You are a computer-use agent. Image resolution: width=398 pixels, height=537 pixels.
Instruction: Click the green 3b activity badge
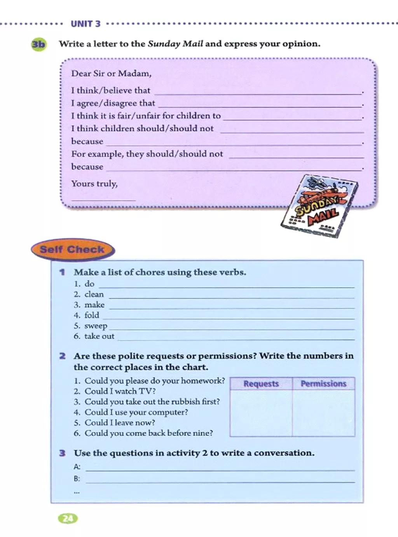click(38, 44)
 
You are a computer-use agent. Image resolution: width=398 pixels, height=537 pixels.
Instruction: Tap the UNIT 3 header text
click(86, 24)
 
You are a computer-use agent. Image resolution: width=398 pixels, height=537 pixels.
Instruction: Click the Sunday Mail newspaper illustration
click(319, 206)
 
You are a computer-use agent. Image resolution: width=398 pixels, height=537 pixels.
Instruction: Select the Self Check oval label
click(72, 249)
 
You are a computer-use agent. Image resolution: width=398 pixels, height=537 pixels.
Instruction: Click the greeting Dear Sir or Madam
click(111, 73)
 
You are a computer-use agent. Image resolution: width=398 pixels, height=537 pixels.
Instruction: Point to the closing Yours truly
click(94, 183)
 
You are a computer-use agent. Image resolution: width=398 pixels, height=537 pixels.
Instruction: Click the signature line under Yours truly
click(104, 200)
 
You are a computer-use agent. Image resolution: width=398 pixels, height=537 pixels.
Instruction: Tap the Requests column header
click(261, 384)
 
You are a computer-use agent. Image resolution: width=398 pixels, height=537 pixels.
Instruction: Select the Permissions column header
click(323, 384)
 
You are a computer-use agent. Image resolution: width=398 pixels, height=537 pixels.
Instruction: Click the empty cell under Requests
click(261, 413)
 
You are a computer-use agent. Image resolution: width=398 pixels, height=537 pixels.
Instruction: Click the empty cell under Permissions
click(323, 413)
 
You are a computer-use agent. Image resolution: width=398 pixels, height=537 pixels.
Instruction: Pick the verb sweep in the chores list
click(96, 326)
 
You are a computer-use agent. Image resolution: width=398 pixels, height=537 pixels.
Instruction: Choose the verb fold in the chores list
click(92, 316)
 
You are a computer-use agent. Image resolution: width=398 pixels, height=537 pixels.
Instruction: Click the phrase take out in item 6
click(99, 336)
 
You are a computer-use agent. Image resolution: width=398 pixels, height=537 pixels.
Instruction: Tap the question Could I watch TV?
click(120, 391)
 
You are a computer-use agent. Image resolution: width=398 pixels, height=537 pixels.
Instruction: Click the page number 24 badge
click(68, 518)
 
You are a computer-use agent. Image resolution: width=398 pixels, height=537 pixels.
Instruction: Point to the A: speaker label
click(77, 467)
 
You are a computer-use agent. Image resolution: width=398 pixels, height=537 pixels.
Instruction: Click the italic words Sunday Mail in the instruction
click(175, 44)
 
